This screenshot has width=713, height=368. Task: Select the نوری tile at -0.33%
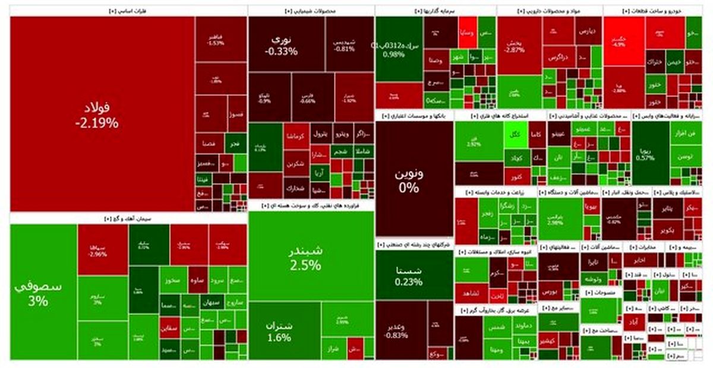pos(286,45)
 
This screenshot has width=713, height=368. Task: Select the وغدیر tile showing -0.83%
pos(396,329)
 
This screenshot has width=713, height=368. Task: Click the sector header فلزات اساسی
pos(128,11)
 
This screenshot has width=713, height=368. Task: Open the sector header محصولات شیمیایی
pos(311,11)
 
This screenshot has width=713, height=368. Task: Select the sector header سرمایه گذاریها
pos(436,11)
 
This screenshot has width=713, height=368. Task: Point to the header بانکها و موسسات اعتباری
pos(414,115)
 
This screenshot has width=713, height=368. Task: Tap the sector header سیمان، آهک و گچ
pos(128,218)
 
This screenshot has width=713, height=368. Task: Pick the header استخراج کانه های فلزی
pos(500,115)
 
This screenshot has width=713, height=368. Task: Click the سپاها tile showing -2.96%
pos(102,249)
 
